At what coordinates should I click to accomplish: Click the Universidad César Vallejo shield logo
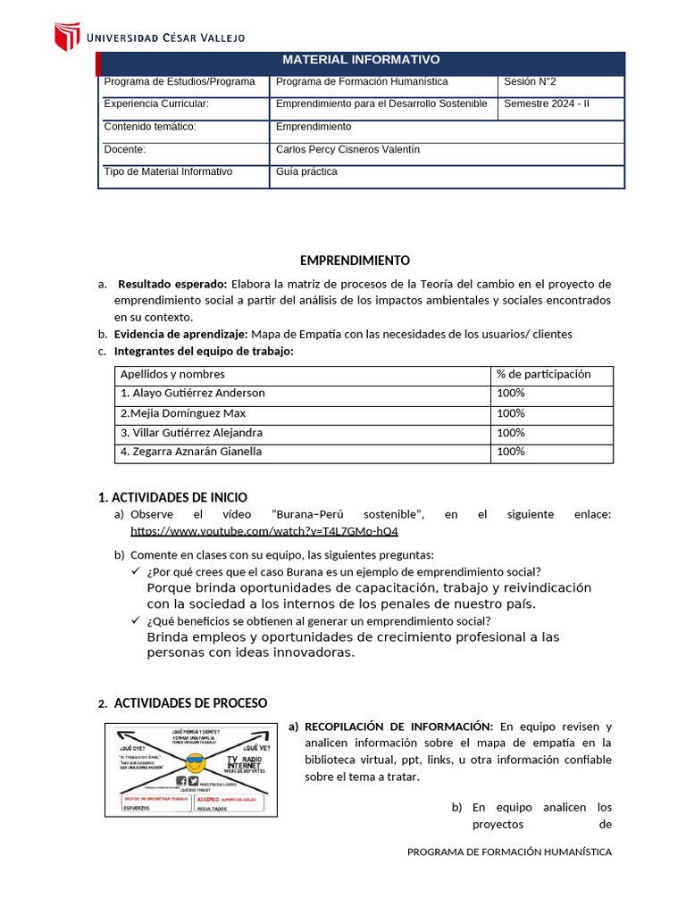68,37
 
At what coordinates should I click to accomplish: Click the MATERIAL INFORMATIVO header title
361,60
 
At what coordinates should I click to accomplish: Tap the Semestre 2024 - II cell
547,104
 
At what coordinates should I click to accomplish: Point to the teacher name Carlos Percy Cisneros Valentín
347,149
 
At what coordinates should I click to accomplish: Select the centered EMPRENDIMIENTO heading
355,261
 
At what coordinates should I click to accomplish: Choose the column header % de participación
544,374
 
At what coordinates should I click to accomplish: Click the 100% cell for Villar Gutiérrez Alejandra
511,433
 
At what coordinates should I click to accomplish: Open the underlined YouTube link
264,531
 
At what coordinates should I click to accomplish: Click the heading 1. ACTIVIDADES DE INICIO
172,497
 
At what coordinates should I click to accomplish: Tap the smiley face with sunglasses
195,764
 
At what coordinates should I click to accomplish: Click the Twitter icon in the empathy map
194,781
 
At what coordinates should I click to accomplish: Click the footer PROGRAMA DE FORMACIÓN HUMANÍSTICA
509,852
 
